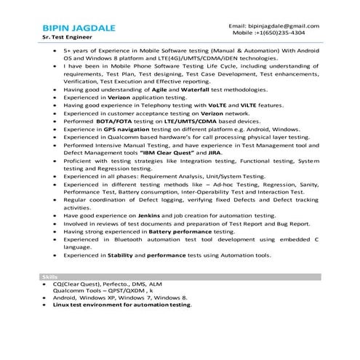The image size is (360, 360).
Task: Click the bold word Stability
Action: [119, 255]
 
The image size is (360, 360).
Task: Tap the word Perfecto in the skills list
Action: [122, 284]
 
